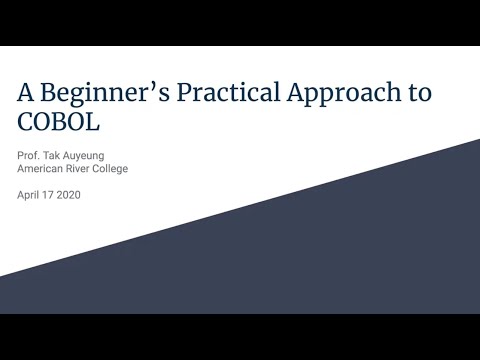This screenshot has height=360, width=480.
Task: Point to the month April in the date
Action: (x=30, y=195)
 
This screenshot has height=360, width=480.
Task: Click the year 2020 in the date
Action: (x=70, y=195)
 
